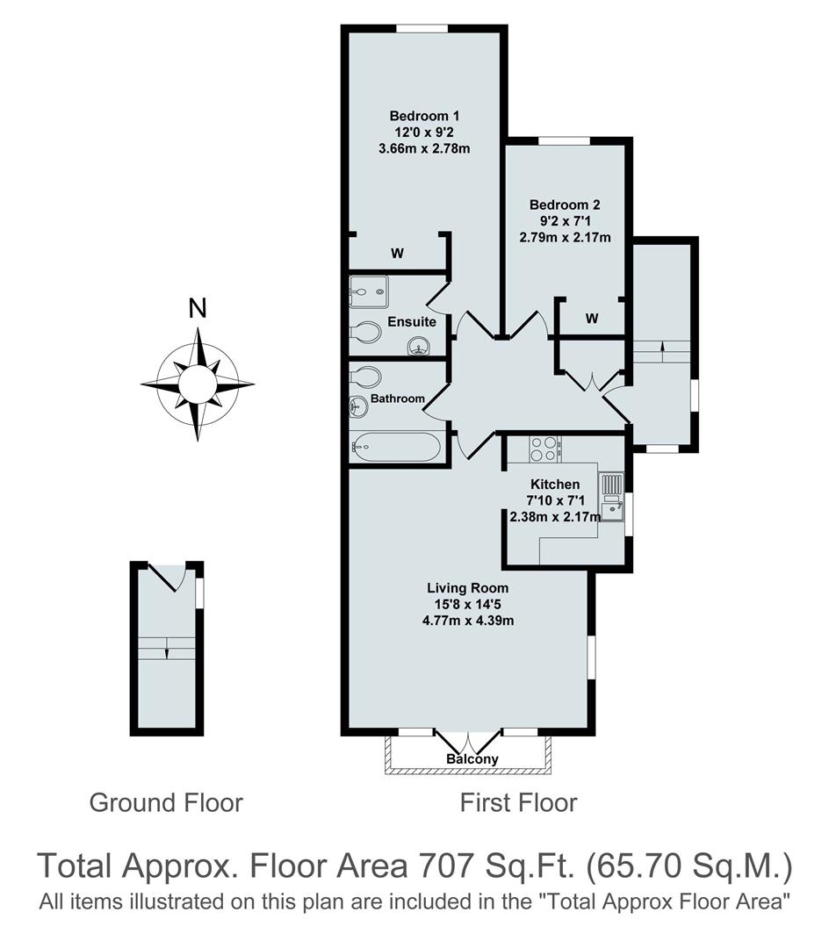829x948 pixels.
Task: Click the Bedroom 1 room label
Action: (424, 116)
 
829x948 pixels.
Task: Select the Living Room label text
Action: (467, 588)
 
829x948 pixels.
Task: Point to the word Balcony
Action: (472, 758)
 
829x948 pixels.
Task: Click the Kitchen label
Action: (555, 485)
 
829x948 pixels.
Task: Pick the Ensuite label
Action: (412, 322)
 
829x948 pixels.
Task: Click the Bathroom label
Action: (397, 399)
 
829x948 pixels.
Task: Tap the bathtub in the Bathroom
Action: (396, 447)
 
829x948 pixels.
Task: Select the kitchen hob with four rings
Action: (544, 449)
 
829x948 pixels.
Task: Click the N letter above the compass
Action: (198, 308)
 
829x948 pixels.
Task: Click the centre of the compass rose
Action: (198, 383)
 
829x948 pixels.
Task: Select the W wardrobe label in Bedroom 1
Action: (397, 254)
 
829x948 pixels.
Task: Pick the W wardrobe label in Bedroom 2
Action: (591, 319)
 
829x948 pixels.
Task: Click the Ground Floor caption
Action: (166, 802)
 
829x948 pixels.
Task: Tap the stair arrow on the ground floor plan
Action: (167, 651)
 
